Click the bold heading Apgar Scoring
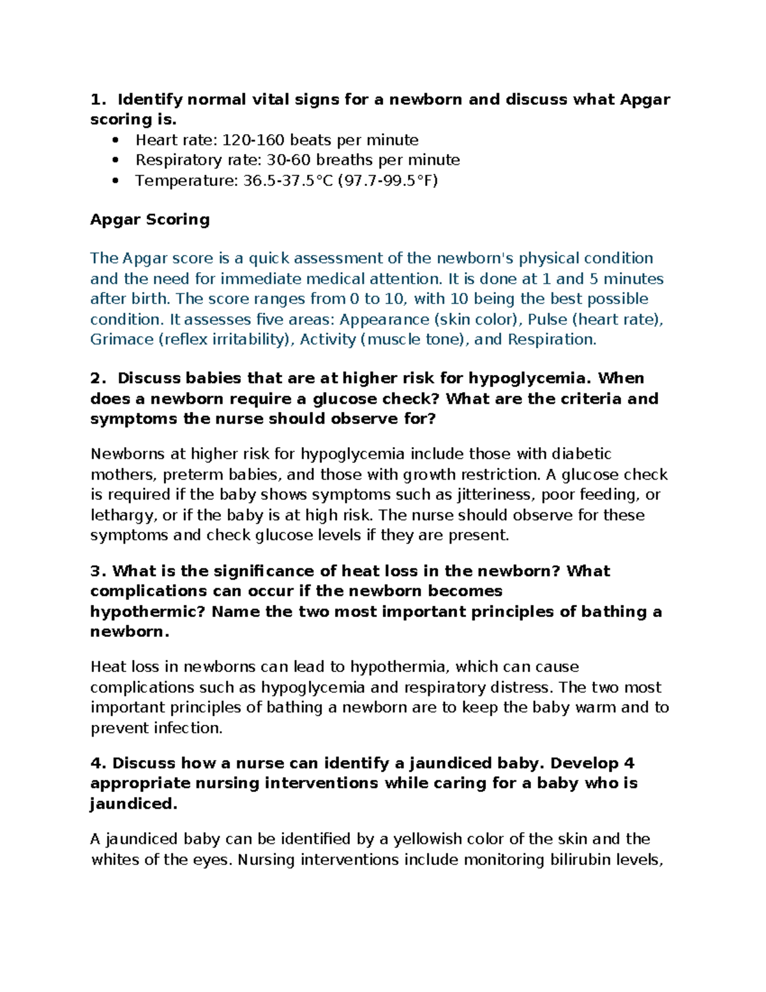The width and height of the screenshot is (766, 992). (x=149, y=220)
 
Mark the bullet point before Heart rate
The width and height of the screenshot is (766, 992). (x=115, y=141)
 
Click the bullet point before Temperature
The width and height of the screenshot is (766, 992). (x=115, y=181)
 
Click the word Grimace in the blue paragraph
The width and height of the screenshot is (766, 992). (x=121, y=339)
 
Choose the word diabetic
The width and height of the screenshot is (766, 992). (x=581, y=454)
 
